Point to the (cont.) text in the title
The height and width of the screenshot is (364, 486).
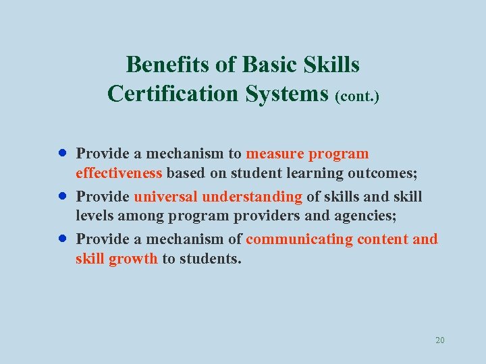click(x=357, y=96)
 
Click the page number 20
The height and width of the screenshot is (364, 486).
click(x=440, y=340)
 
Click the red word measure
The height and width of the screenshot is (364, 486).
click(x=275, y=154)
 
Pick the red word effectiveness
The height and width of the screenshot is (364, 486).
click(x=119, y=173)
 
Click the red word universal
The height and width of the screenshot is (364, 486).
click(x=165, y=197)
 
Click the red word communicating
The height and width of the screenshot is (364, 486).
click(x=299, y=239)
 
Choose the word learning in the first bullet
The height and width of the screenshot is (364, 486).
click(x=311, y=173)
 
